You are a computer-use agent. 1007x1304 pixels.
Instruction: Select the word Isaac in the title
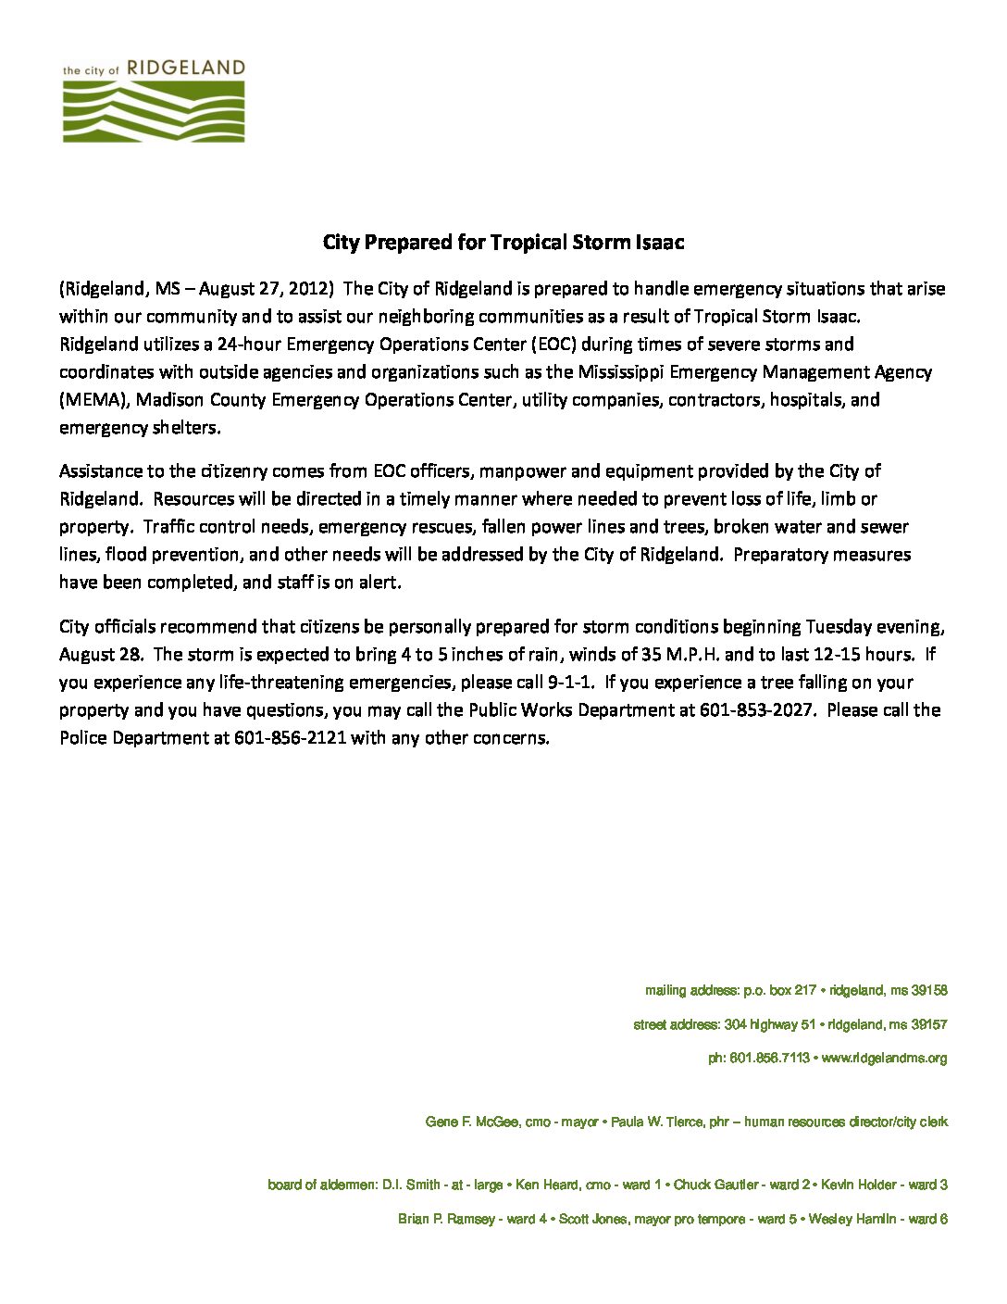tap(659, 243)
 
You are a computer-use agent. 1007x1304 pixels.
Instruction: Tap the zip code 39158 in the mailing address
tap(927, 990)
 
